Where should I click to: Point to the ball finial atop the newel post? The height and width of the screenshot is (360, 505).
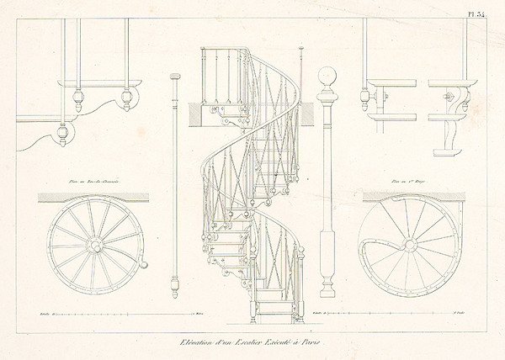click(x=327, y=77)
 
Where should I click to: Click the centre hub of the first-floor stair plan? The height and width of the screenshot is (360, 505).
click(x=409, y=246)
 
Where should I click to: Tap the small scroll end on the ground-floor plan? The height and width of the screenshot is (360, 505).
click(x=144, y=267)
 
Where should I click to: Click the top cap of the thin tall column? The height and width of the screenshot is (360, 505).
click(x=175, y=77)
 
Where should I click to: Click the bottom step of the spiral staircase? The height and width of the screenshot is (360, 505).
click(x=275, y=319)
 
